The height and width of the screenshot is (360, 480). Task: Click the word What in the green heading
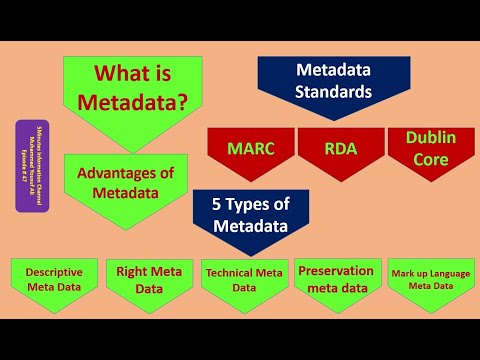115,73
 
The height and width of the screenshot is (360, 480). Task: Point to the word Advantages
117,172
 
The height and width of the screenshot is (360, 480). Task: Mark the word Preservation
335,270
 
